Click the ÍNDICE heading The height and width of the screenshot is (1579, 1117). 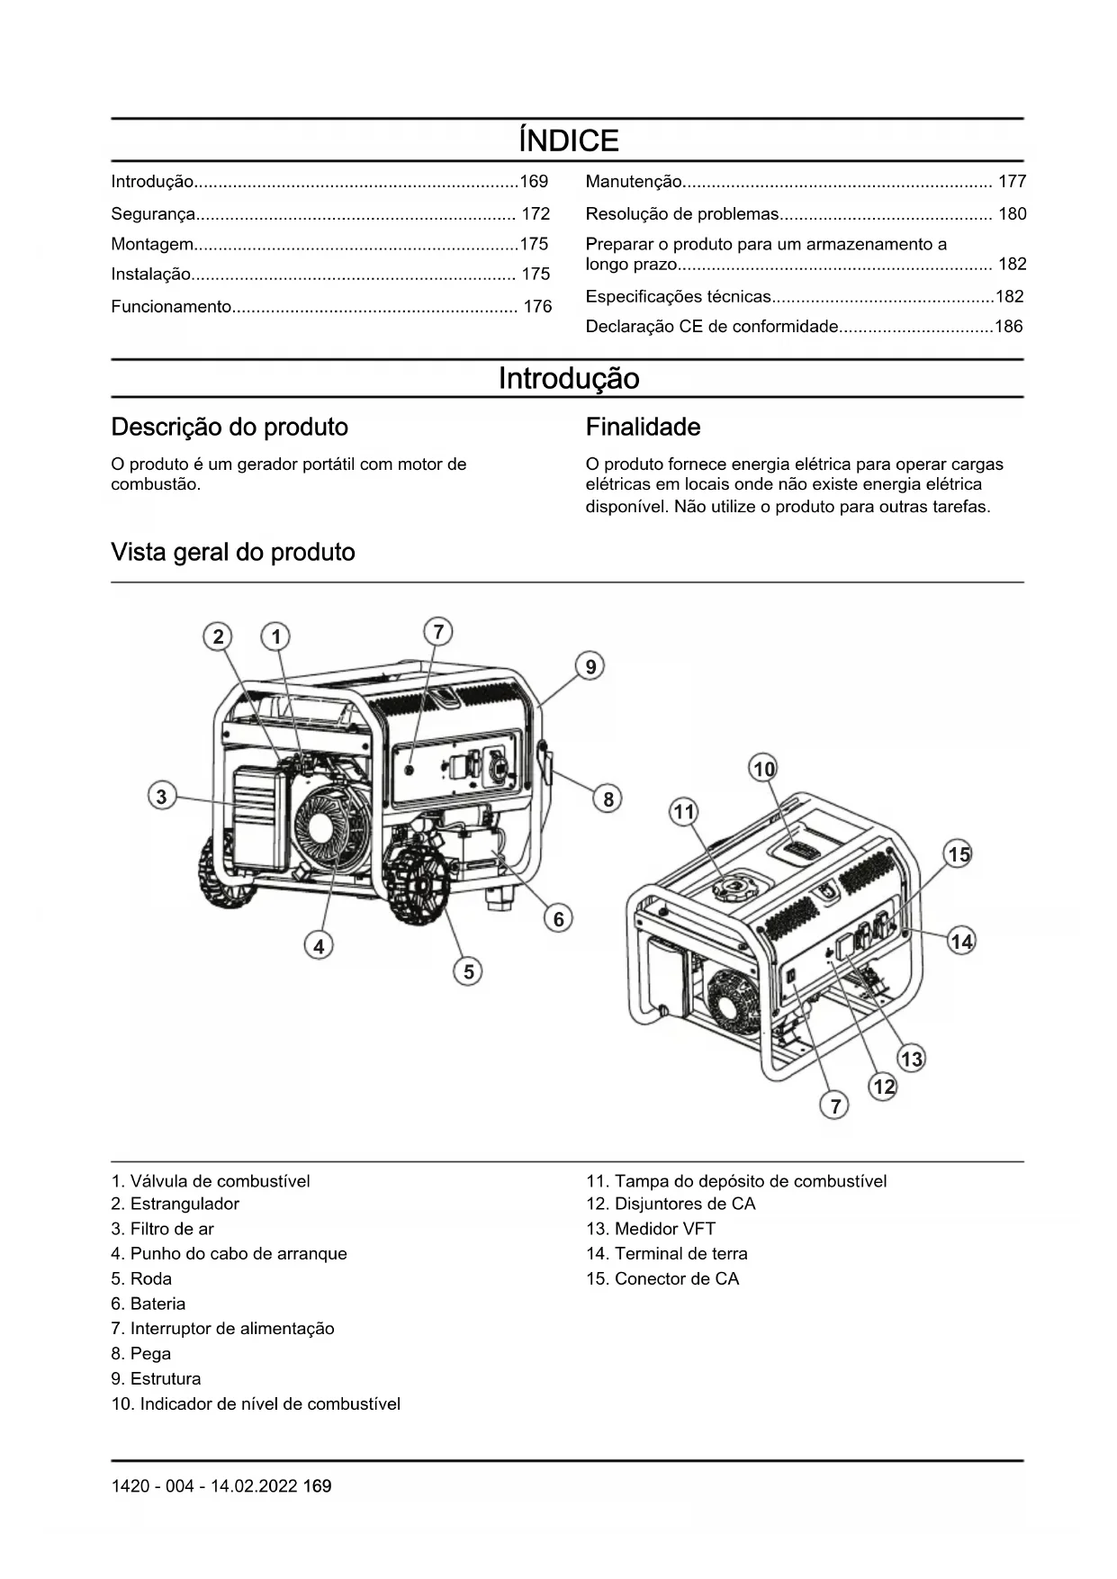(568, 140)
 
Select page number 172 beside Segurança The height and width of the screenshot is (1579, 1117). (536, 214)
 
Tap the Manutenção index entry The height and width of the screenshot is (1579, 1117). (634, 182)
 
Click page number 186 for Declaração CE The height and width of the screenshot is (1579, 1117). (1008, 327)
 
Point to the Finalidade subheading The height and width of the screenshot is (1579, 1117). (643, 427)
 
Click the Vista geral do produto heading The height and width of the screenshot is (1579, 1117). (232, 552)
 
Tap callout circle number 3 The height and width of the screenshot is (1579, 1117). (161, 797)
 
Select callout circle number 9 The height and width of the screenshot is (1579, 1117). (590, 667)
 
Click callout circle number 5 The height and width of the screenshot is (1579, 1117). (468, 971)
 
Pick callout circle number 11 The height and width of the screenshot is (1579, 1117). (684, 812)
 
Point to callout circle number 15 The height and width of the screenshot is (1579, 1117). (959, 854)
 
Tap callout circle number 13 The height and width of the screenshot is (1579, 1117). (912, 1059)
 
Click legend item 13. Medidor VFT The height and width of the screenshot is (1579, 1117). (651, 1229)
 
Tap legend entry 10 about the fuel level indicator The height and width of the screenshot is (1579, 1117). (256, 1403)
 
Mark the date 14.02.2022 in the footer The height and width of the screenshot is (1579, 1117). (254, 1486)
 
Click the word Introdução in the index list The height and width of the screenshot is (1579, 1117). (152, 182)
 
